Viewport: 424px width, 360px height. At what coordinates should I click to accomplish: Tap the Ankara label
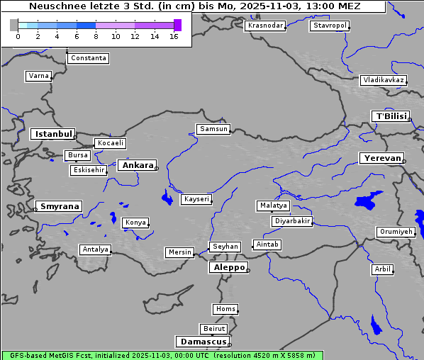137,165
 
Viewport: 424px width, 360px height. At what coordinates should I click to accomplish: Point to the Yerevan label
381,158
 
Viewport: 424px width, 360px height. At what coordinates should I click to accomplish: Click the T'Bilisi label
390,116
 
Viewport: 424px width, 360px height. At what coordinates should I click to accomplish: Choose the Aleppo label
228,267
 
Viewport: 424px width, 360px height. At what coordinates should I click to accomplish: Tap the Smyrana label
58,206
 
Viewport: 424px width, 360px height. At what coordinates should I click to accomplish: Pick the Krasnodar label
265,26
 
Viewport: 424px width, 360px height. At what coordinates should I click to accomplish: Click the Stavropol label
330,26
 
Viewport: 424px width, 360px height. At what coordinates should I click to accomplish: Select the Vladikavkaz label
383,80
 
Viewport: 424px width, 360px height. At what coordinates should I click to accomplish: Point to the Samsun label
213,129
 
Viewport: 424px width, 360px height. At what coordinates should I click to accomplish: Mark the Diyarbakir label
291,221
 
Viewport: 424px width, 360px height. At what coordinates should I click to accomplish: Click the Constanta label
89,58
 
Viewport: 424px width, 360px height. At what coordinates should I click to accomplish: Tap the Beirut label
213,329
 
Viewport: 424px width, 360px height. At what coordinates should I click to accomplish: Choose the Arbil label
382,269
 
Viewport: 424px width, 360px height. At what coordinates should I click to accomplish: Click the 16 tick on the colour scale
174,37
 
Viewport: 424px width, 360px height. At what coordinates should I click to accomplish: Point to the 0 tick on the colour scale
18,37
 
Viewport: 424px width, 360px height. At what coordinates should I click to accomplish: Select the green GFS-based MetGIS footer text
162,355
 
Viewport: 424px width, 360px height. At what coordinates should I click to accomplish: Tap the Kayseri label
196,200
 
